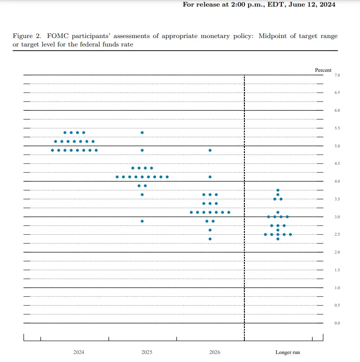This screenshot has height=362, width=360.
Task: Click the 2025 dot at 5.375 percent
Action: tap(142, 132)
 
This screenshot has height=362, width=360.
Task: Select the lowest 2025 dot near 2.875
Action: tap(142, 221)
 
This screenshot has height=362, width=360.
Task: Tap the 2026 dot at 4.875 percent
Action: tap(210, 150)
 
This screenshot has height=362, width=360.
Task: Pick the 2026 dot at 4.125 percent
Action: tap(210, 177)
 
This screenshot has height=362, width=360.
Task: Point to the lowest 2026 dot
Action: tap(210, 239)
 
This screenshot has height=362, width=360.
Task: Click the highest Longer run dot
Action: tap(278, 190)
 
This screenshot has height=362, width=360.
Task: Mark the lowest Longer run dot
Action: tap(278, 239)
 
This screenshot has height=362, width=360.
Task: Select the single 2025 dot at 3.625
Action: tap(142, 194)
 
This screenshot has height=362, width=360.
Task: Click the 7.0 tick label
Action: tap(337, 75)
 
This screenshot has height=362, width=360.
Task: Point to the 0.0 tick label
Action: tap(337, 323)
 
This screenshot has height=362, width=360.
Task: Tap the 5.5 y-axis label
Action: tap(337, 128)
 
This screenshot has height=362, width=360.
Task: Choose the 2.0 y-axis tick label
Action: tap(337, 252)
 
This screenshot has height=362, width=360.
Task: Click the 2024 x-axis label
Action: tap(79, 352)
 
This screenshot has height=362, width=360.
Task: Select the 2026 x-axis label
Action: tap(214, 352)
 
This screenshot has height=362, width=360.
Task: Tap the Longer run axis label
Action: tap(287, 352)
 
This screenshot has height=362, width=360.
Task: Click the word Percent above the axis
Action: tap(323, 70)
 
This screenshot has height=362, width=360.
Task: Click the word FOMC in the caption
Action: tap(58, 36)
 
